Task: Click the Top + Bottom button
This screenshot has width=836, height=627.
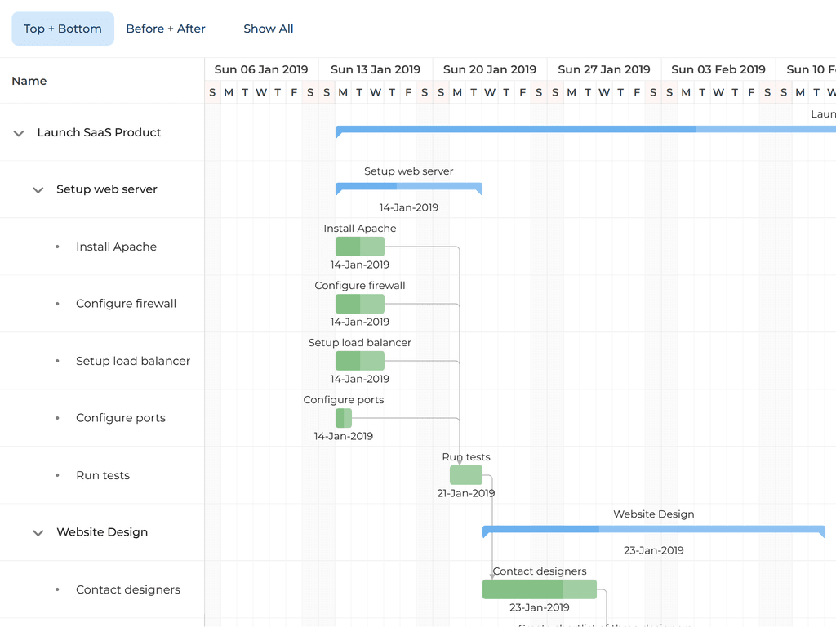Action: [63, 29]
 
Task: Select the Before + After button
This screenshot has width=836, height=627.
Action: [166, 29]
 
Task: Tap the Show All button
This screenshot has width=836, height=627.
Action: [269, 29]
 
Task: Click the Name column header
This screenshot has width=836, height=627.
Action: [29, 81]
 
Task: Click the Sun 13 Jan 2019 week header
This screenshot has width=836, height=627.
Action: [376, 69]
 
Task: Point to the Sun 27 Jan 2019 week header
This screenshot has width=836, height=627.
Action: [604, 69]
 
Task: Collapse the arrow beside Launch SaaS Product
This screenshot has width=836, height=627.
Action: [19, 133]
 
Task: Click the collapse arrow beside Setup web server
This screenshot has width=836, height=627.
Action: [38, 190]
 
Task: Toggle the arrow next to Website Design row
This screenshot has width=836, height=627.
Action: [38, 533]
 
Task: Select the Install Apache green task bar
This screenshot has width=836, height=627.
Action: [360, 247]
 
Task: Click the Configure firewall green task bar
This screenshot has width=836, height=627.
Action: [360, 304]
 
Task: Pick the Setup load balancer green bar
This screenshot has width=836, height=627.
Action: [360, 361]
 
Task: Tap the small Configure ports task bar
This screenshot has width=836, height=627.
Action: [344, 418]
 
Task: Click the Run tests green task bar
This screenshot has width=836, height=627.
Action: [466, 475]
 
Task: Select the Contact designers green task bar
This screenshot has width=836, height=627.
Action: [540, 589]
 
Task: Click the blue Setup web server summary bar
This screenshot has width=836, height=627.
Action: [409, 187]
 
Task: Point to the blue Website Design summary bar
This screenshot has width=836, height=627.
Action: [654, 530]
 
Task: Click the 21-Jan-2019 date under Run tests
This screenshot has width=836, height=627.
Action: [466, 493]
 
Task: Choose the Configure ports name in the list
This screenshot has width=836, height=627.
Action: [121, 418]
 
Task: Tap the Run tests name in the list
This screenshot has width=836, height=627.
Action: [103, 475]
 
